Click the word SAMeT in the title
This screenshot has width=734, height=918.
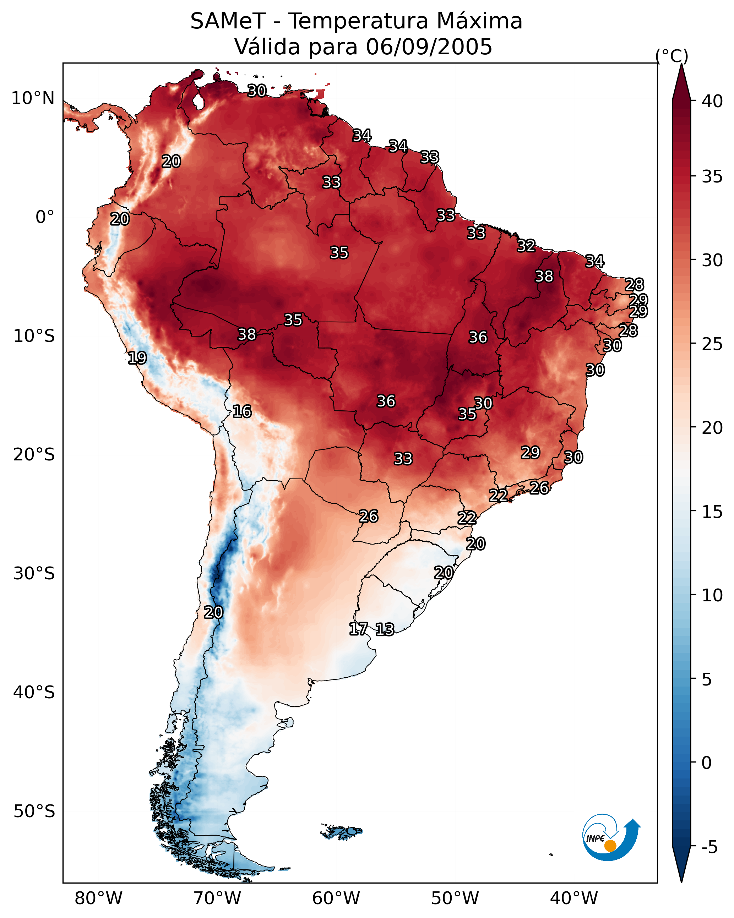228,21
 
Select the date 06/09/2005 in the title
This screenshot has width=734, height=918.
429,47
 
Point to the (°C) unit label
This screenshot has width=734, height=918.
672,55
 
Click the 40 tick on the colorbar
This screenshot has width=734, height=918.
712,101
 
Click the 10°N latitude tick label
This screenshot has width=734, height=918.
33,98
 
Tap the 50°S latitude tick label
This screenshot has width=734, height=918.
34,812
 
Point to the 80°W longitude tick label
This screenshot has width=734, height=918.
98,898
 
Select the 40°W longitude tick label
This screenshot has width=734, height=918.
574,898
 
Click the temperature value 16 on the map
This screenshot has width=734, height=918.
242,411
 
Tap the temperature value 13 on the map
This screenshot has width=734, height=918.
385,629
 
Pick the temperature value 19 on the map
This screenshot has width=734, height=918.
137,358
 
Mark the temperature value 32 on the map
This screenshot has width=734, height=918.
526,246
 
